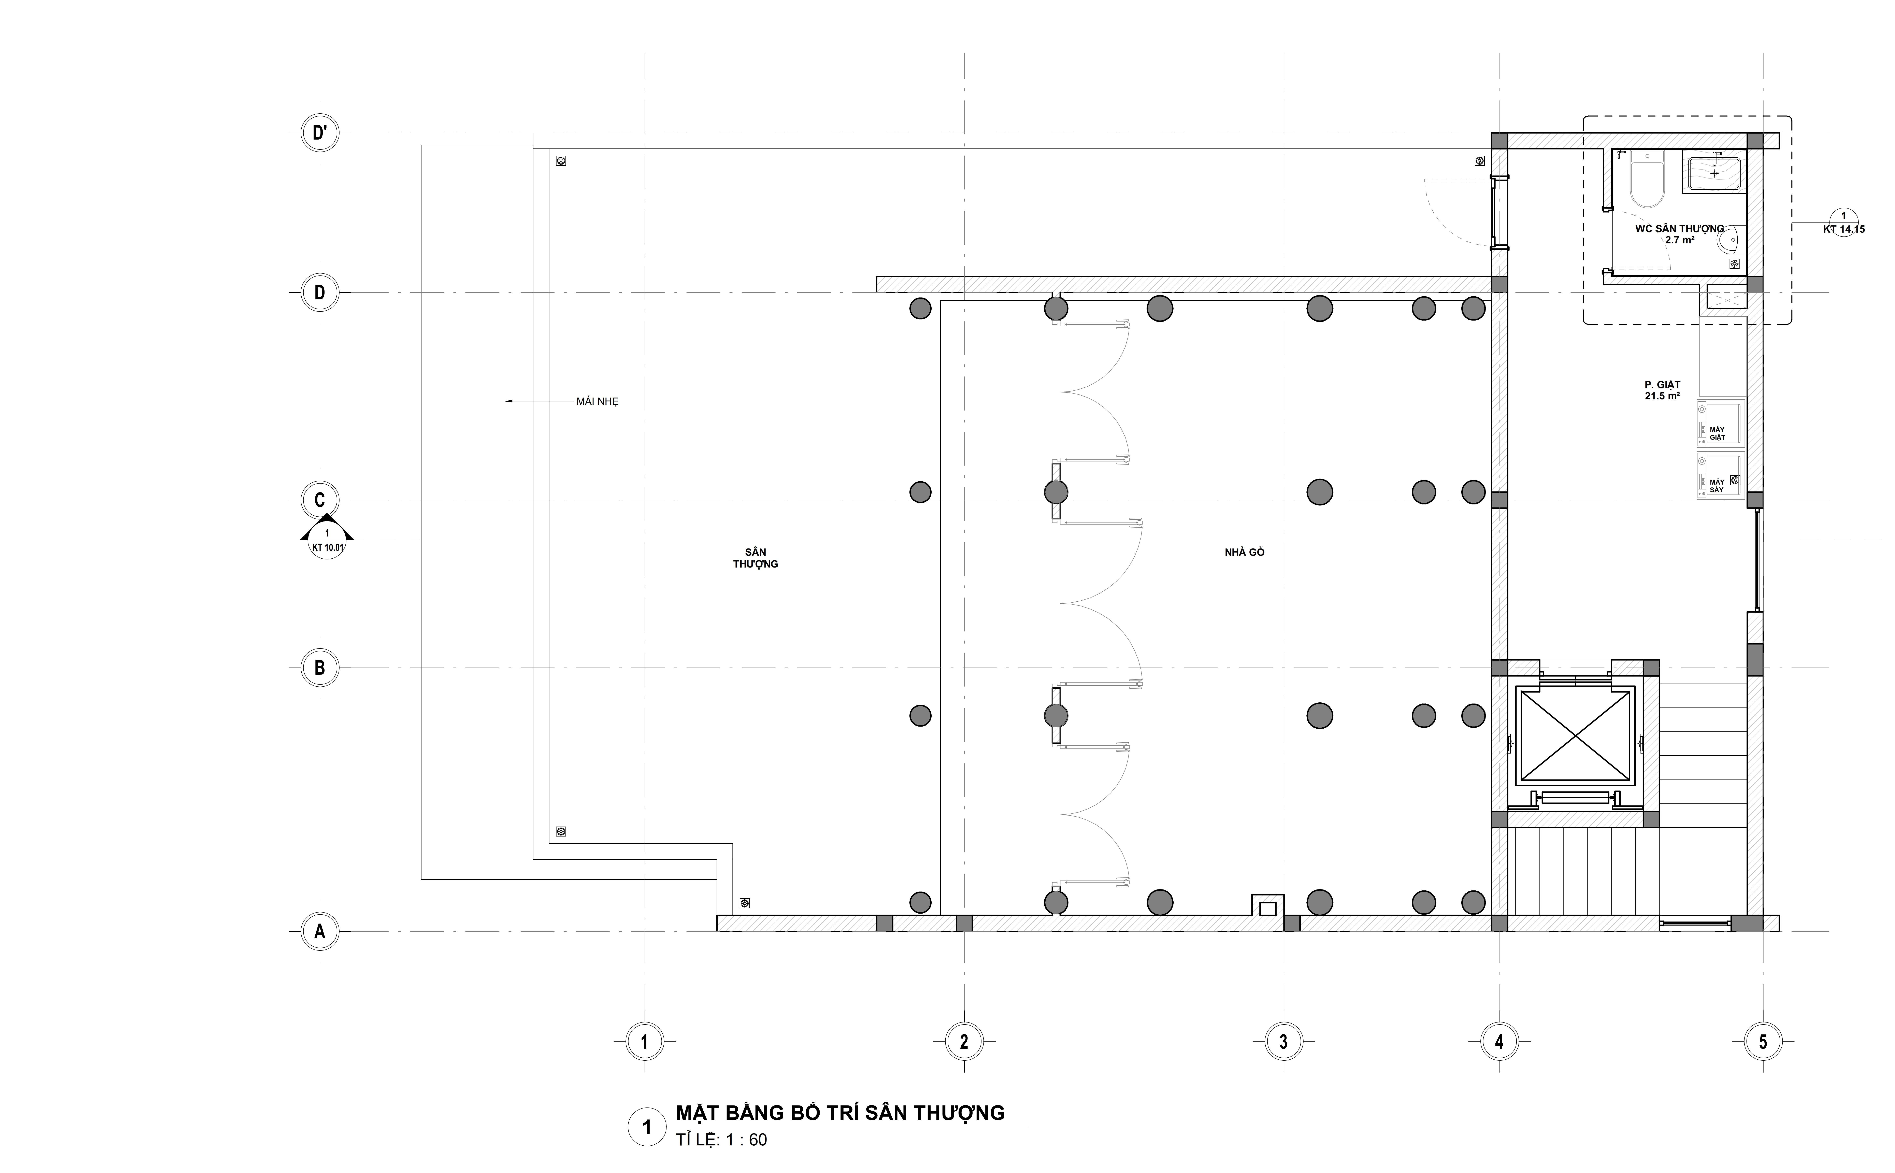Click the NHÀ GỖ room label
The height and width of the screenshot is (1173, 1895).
(x=1244, y=552)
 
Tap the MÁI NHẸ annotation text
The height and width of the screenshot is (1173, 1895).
(x=597, y=402)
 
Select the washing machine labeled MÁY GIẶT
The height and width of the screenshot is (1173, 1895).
(x=1721, y=423)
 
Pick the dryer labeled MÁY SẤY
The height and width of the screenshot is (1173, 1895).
(x=1721, y=476)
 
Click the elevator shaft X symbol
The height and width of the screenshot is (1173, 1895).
(x=1575, y=735)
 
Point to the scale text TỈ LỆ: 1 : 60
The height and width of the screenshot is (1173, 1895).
(x=721, y=1140)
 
